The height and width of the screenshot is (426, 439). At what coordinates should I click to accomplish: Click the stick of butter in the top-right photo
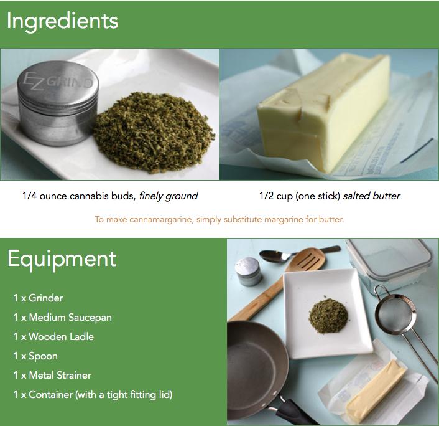324,111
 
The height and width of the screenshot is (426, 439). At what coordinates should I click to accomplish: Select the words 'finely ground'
169,196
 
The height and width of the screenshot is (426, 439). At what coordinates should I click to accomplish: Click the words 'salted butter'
372,196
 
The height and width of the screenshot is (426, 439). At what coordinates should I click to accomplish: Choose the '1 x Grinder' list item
38,298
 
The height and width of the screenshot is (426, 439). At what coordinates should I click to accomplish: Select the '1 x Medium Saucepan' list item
62,318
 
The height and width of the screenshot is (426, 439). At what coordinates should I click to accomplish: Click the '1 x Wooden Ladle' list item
53,336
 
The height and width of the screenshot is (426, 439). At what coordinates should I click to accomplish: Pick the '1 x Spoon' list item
35,356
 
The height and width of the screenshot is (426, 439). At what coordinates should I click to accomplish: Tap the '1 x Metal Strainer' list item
52,375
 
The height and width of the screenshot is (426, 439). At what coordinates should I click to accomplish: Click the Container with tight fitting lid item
93,395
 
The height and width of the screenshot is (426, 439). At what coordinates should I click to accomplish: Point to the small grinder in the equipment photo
248,272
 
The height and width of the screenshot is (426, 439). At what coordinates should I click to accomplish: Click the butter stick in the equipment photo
374,391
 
